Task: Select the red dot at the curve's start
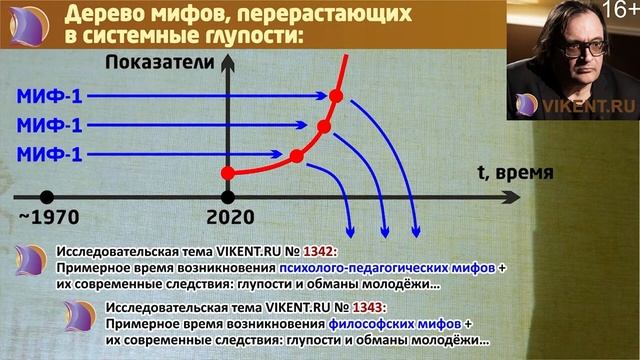pyautogui.click(x=228, y=174)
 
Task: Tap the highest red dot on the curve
pyautogui.click(x=336, y=96)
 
